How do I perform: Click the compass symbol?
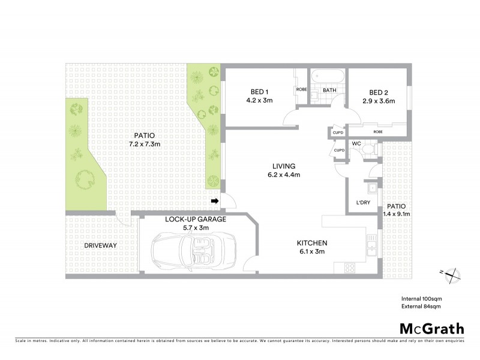451,275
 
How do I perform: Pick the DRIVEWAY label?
100,246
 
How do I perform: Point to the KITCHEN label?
311,243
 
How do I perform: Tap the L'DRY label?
363,203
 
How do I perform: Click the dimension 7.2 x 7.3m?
145,144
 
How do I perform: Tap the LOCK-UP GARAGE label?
196,220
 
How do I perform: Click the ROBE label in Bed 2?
378,131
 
